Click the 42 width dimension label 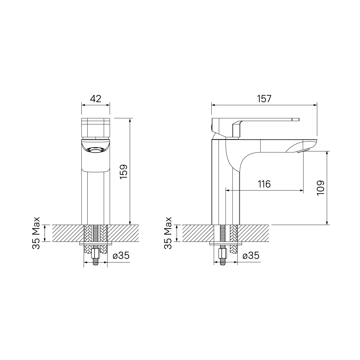tap(95, 99)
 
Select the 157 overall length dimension tap(264, 99)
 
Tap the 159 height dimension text tap(124, 172)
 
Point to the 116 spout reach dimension tap(264, 184)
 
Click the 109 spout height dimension tap(320, 188)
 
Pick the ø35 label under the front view tap(121, 255)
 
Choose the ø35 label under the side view tap(251, 255)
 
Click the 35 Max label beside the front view tap(36, 233)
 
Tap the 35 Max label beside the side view tap(168, 233)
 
